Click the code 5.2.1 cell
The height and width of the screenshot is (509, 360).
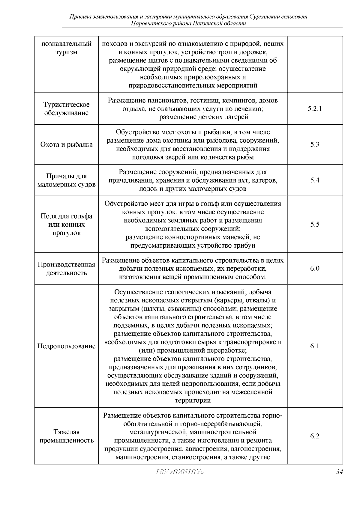(315, 109)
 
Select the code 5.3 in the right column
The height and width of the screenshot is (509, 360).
(315, 144)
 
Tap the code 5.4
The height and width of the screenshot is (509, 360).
(315, 180)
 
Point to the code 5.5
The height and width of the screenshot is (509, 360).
(315, 224)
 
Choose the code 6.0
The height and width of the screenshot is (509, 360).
(315, 268)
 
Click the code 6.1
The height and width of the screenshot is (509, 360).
(315, 346)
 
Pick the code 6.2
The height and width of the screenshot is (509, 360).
(315, 436)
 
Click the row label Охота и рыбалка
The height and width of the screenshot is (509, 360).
(67, 144)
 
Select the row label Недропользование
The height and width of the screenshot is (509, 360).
(67, 346)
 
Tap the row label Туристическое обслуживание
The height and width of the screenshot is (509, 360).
(67, 109)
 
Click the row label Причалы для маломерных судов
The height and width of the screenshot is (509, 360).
(67, 180)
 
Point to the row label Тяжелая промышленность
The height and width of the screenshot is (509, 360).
(67, 436)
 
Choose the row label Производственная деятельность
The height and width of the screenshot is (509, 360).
(67, 269)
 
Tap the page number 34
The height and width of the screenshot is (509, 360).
(339, 472)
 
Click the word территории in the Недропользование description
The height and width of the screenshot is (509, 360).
(193, 400)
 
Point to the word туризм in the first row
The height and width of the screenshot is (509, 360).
(67, 52)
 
